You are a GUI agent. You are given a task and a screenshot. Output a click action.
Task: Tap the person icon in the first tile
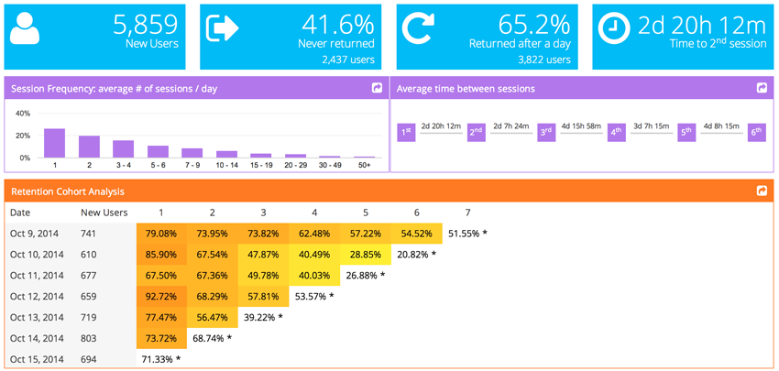click(x=26, y=30)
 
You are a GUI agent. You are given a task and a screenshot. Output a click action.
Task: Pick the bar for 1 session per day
click(x=55, y=143)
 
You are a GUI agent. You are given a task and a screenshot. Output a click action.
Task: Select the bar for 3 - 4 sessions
click(x=123, y=148)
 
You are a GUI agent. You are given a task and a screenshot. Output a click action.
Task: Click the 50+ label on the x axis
click(x=365, y=165)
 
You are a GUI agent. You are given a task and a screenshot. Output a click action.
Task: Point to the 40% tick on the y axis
click(x=24, y=114)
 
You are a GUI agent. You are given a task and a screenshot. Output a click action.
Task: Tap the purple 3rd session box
click(x=546, y=132)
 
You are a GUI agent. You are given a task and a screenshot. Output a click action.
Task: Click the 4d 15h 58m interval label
click(x=581, y=125)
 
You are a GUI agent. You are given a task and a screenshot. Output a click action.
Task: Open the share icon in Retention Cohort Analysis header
click(x=762, y=191)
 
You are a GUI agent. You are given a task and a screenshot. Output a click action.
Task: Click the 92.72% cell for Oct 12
click(x=161, y=296)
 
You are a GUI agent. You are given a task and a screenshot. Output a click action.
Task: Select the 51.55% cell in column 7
click(x=467, y=234)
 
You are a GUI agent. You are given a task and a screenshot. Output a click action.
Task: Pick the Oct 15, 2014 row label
click(x=37, y=359)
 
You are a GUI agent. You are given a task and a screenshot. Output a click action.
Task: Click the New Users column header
click(x=104, y=213)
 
